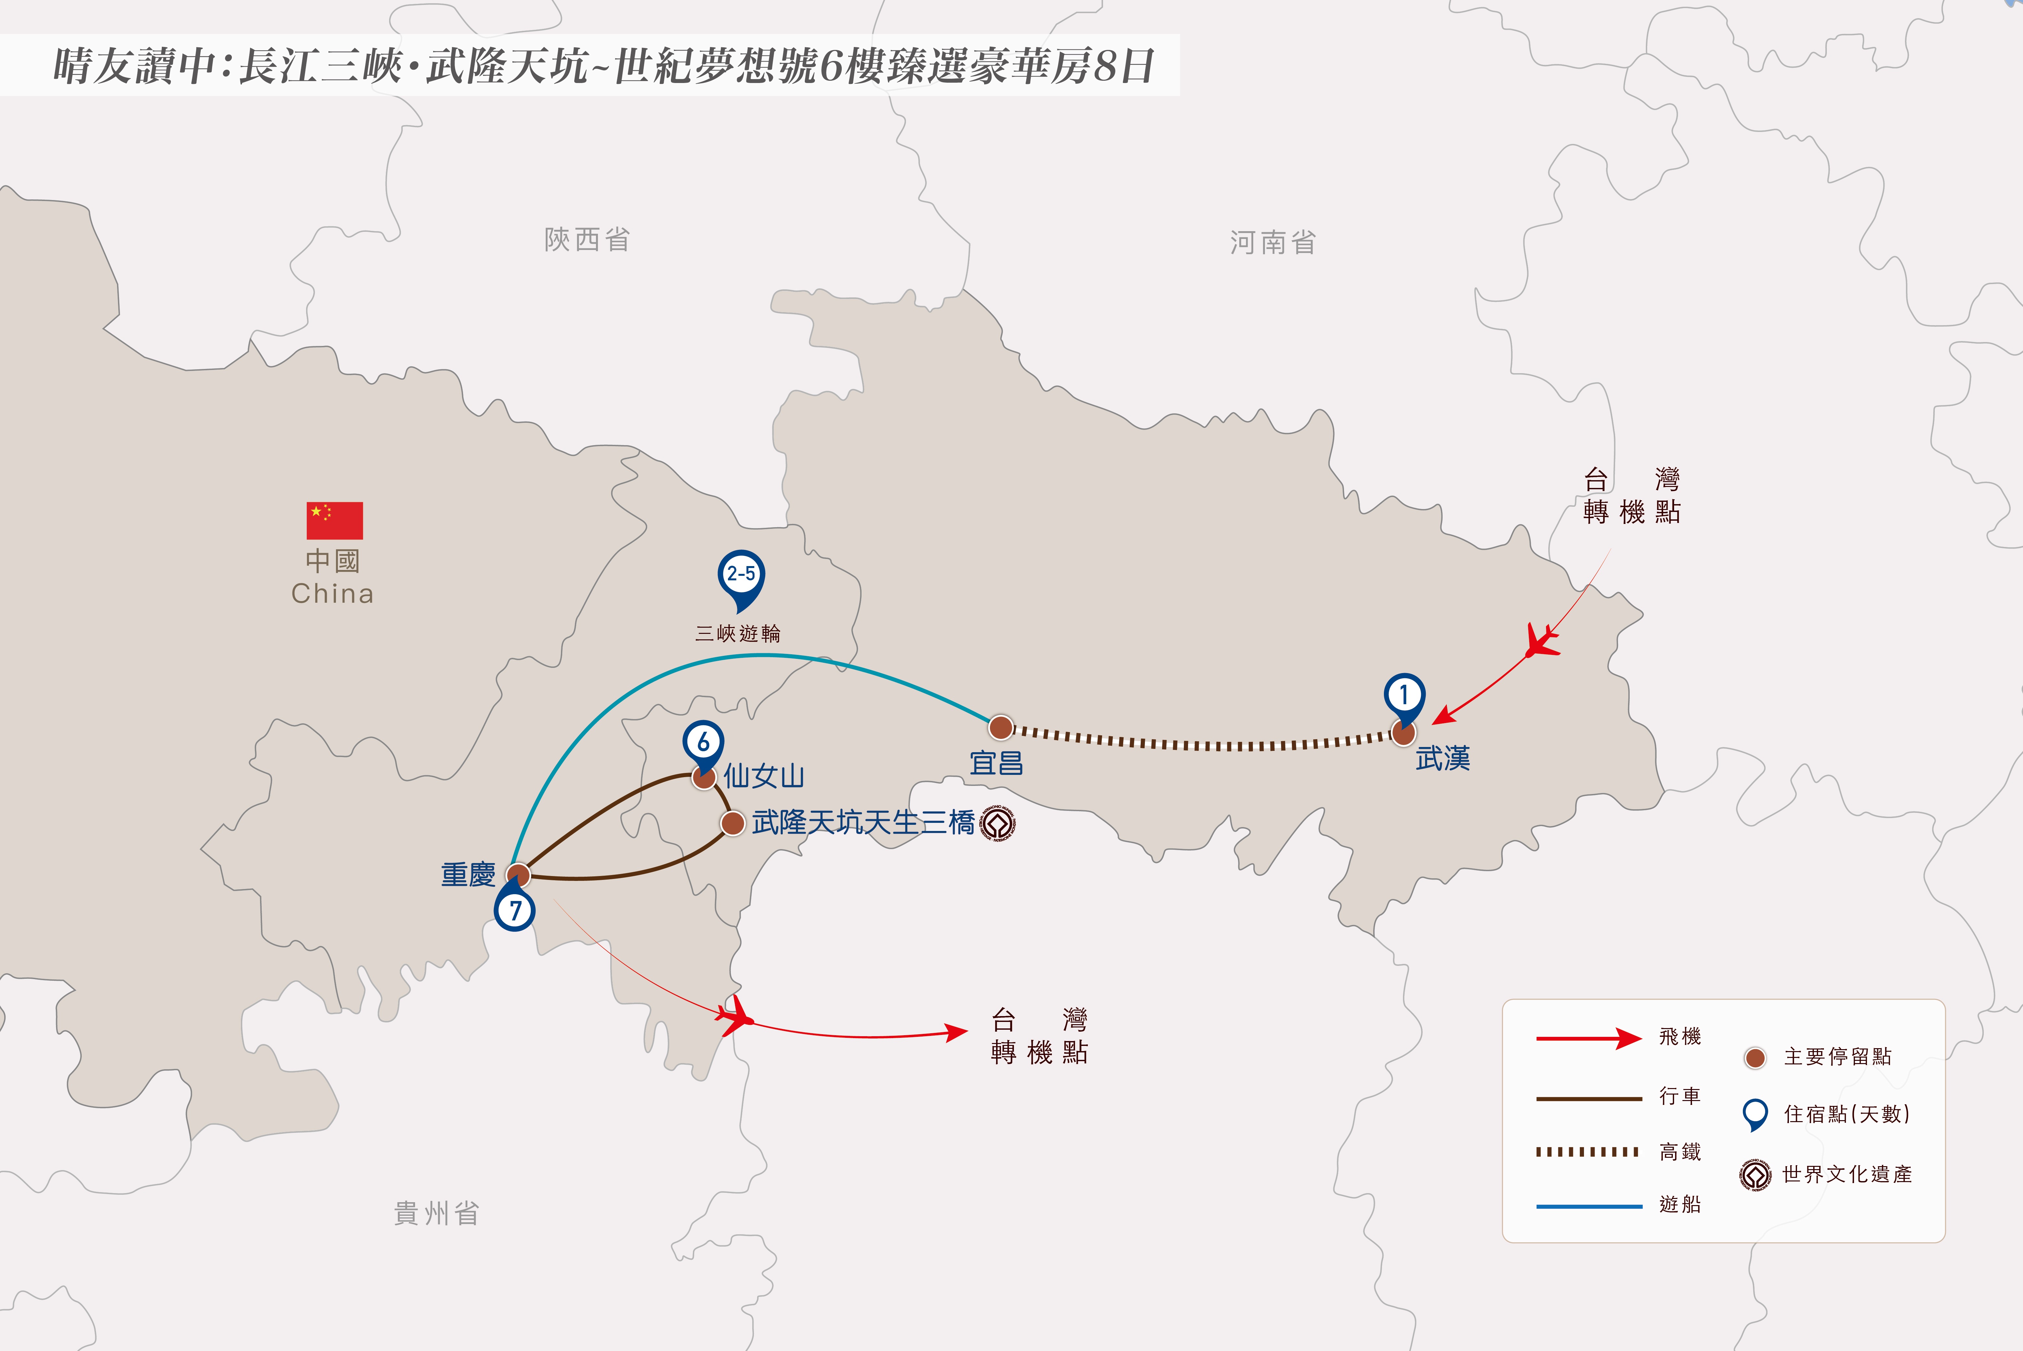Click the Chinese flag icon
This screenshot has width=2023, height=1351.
click(334, 520)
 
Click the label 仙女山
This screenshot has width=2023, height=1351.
click(763, 776)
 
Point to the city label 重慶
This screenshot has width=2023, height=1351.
click(468, 874)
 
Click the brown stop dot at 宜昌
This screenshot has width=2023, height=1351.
click(1000, 727)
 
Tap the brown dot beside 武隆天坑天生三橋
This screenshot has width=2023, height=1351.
click(732, 823)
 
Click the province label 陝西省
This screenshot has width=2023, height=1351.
click(587, 240)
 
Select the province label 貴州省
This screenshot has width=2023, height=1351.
click(436, 1213)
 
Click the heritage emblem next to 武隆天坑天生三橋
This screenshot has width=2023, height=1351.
click(998, 824)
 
